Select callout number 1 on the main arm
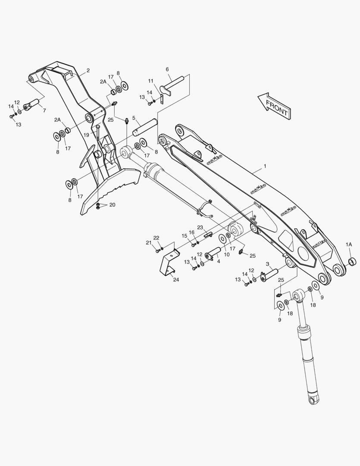click(265, 166)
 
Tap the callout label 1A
click(348, 244)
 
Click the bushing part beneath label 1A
click(351, 261)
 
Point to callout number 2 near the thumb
click(88, 70)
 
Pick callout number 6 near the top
click(167, 69)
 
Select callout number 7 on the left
click(44, 110)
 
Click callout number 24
click(176, 280)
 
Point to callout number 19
click(86, 135)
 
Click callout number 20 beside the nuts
click(112, 205)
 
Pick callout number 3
click(267, 264)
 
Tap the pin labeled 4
click(214, 255)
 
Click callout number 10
click(226, 255)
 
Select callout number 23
click(200, 227)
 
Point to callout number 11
click(151, 81)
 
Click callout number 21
click(148, 242)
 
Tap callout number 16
click(191, 233)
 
